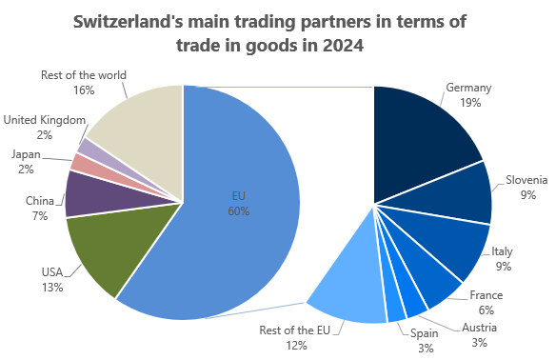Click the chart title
278,32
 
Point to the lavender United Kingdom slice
86,148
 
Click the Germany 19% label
468,95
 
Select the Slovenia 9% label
526,186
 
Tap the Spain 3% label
425,341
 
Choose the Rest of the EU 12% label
296,338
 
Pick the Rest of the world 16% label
84,82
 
